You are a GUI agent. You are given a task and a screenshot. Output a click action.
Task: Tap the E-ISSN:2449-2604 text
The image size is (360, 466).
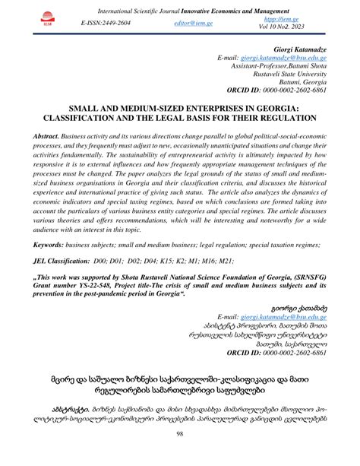point(106,24)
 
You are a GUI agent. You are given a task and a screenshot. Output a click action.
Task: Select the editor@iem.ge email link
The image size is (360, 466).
point(194,24)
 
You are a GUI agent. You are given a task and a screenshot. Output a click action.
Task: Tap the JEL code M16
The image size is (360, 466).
point(205,261)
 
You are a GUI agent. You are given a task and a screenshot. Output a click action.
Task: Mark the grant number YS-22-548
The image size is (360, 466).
point(105,285)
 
